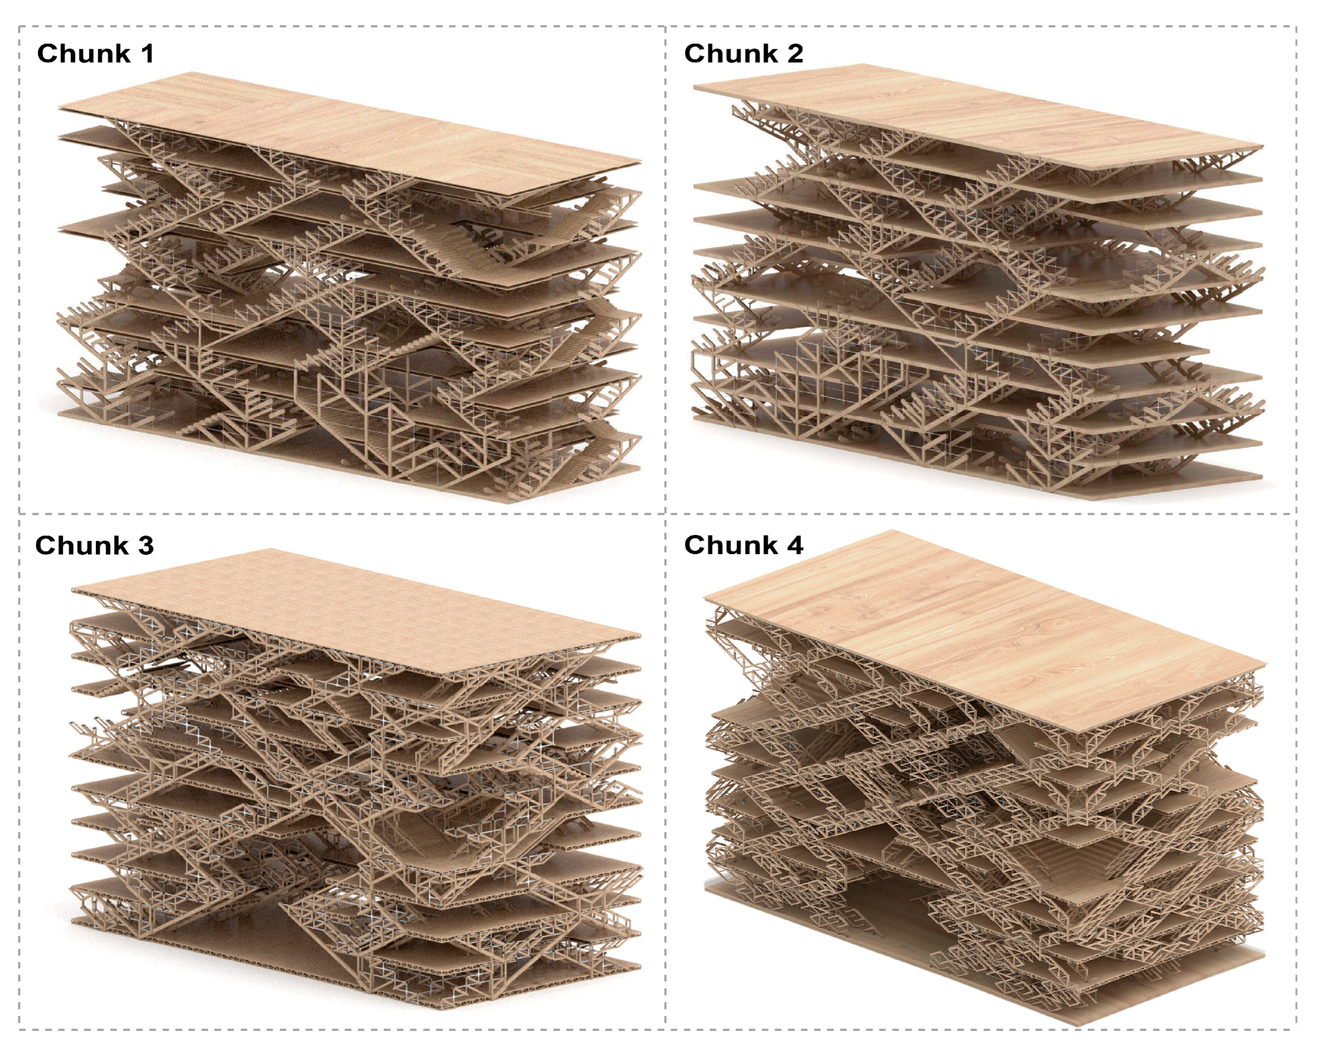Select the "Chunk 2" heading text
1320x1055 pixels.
(743, 53)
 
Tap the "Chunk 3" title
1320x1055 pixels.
(94, 545)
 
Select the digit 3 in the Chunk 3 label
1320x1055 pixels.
(146, 545)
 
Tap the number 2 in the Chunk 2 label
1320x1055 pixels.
(795, 53)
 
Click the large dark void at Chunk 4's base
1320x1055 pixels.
(888, 912)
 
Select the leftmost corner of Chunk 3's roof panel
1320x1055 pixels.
(72, 591)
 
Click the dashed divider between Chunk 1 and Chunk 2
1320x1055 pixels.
(665, 269)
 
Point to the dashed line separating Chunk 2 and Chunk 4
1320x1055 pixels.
(981, 513)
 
